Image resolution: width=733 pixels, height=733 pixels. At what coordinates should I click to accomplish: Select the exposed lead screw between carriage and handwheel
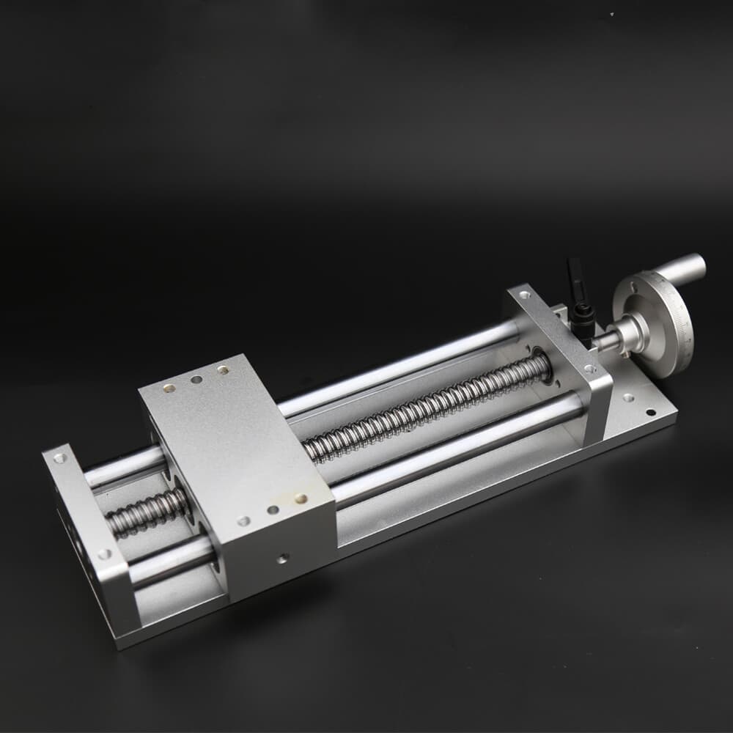click(x=425, y=410)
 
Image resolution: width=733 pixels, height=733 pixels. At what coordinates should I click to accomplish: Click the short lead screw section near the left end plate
click(x=147, y=513)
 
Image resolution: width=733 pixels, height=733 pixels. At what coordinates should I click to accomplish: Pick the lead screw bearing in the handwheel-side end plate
click(x=543, y=362)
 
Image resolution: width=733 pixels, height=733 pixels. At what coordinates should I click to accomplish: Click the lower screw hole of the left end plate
click(x=105, y=554)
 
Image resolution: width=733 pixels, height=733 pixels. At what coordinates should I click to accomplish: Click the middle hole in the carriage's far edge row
click(x=196, y=380)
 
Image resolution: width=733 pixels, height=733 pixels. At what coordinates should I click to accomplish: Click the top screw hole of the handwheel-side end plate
click(x=524, y=295)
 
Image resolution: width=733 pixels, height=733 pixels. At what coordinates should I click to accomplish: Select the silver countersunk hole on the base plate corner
click(x=627, y=398)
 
